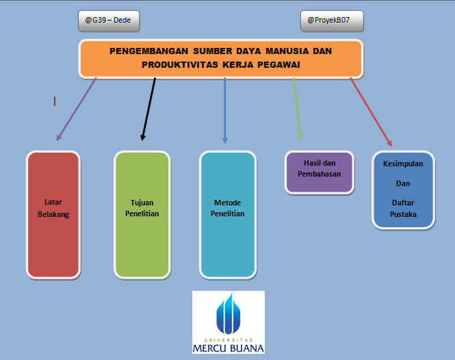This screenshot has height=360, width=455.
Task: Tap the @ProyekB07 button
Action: point(332,21)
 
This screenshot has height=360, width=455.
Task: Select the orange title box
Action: point(221,58)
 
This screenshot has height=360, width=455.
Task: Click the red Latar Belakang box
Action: point(53,214)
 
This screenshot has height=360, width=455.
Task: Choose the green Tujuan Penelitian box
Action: point(142,214)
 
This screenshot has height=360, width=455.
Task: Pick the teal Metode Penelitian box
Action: point(228,214)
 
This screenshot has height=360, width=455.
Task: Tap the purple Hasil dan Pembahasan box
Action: point(319,172)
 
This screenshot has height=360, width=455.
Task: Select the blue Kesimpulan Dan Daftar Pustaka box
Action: point(403,190)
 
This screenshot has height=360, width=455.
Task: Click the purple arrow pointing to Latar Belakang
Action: point(75,110)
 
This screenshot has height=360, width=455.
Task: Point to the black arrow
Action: point(148,110)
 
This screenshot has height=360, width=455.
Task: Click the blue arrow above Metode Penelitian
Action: point(225,110)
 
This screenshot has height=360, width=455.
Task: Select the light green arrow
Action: point(297,110)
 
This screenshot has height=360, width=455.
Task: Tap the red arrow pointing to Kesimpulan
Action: point(371,112)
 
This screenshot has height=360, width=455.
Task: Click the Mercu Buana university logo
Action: point(228,322)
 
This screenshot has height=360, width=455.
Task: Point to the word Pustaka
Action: point(403,214)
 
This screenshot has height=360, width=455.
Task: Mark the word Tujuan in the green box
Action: point(142,203)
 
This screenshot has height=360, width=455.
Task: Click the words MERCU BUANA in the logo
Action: point(228,347)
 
